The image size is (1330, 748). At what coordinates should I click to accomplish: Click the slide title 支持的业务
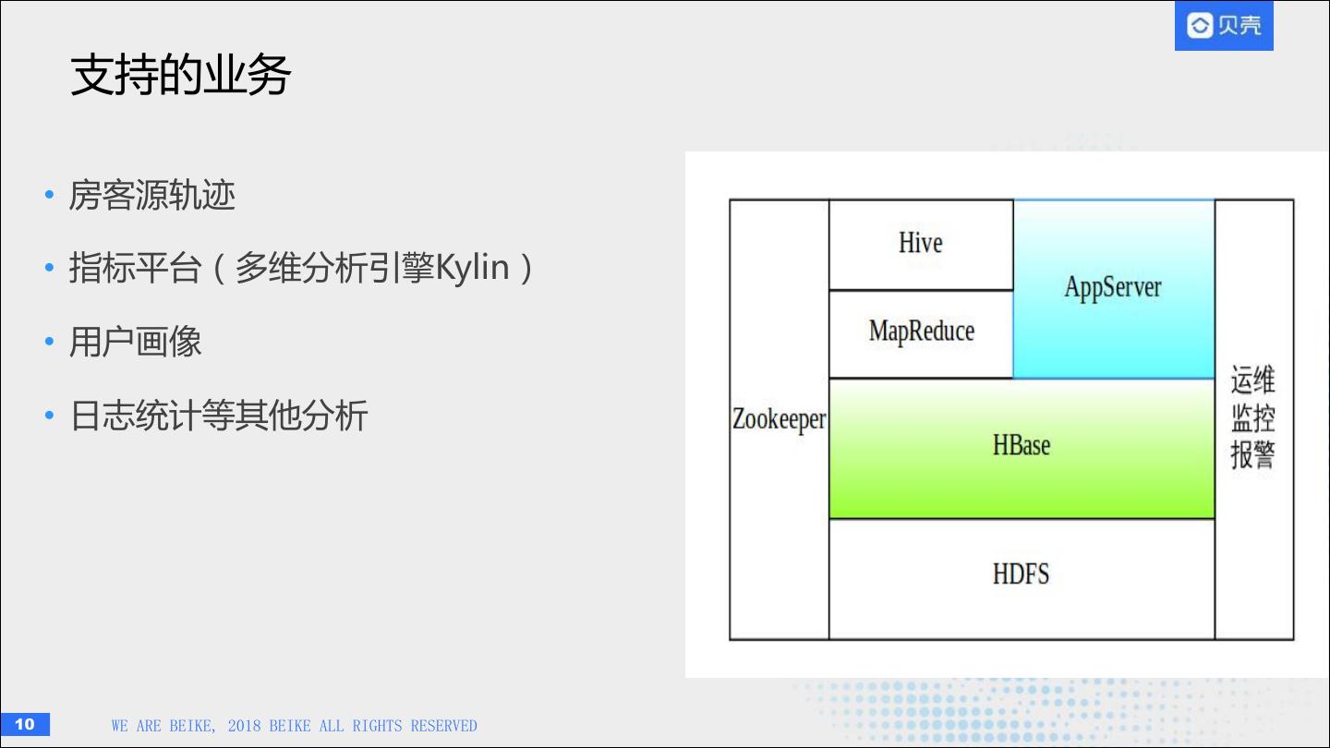coord(181,76)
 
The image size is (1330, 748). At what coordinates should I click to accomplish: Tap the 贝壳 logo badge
coord(1224,26)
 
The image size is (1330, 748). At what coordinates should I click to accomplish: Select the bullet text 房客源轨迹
coord(152,196)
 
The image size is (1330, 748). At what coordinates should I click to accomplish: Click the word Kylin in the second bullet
coord(472,268)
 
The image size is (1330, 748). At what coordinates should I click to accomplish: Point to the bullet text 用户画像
coord(136,343)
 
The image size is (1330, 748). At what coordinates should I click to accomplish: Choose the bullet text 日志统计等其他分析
coord(219,416)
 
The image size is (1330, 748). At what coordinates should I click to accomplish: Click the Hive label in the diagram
coord(920,243)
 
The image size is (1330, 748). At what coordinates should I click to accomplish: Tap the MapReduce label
coord(921,332)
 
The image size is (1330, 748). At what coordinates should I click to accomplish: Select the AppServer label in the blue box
coord(1112,287)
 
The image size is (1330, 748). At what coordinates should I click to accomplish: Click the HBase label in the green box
coord(1021,445)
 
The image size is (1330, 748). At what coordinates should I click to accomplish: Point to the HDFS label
coord(1021,574)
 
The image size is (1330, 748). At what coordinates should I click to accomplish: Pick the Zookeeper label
coord(779,419)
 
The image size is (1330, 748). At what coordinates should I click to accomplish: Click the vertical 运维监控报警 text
coord(1252,417)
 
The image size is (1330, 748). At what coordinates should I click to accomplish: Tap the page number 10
coord(25,724)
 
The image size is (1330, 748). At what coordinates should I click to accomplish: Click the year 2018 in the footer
coord(244,726)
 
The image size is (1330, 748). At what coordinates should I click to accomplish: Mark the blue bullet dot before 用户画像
coord(50,343)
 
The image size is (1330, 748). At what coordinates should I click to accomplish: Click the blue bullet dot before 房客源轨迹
coord(50,196)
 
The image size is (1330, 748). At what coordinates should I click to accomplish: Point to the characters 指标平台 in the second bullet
coord(135,268)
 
